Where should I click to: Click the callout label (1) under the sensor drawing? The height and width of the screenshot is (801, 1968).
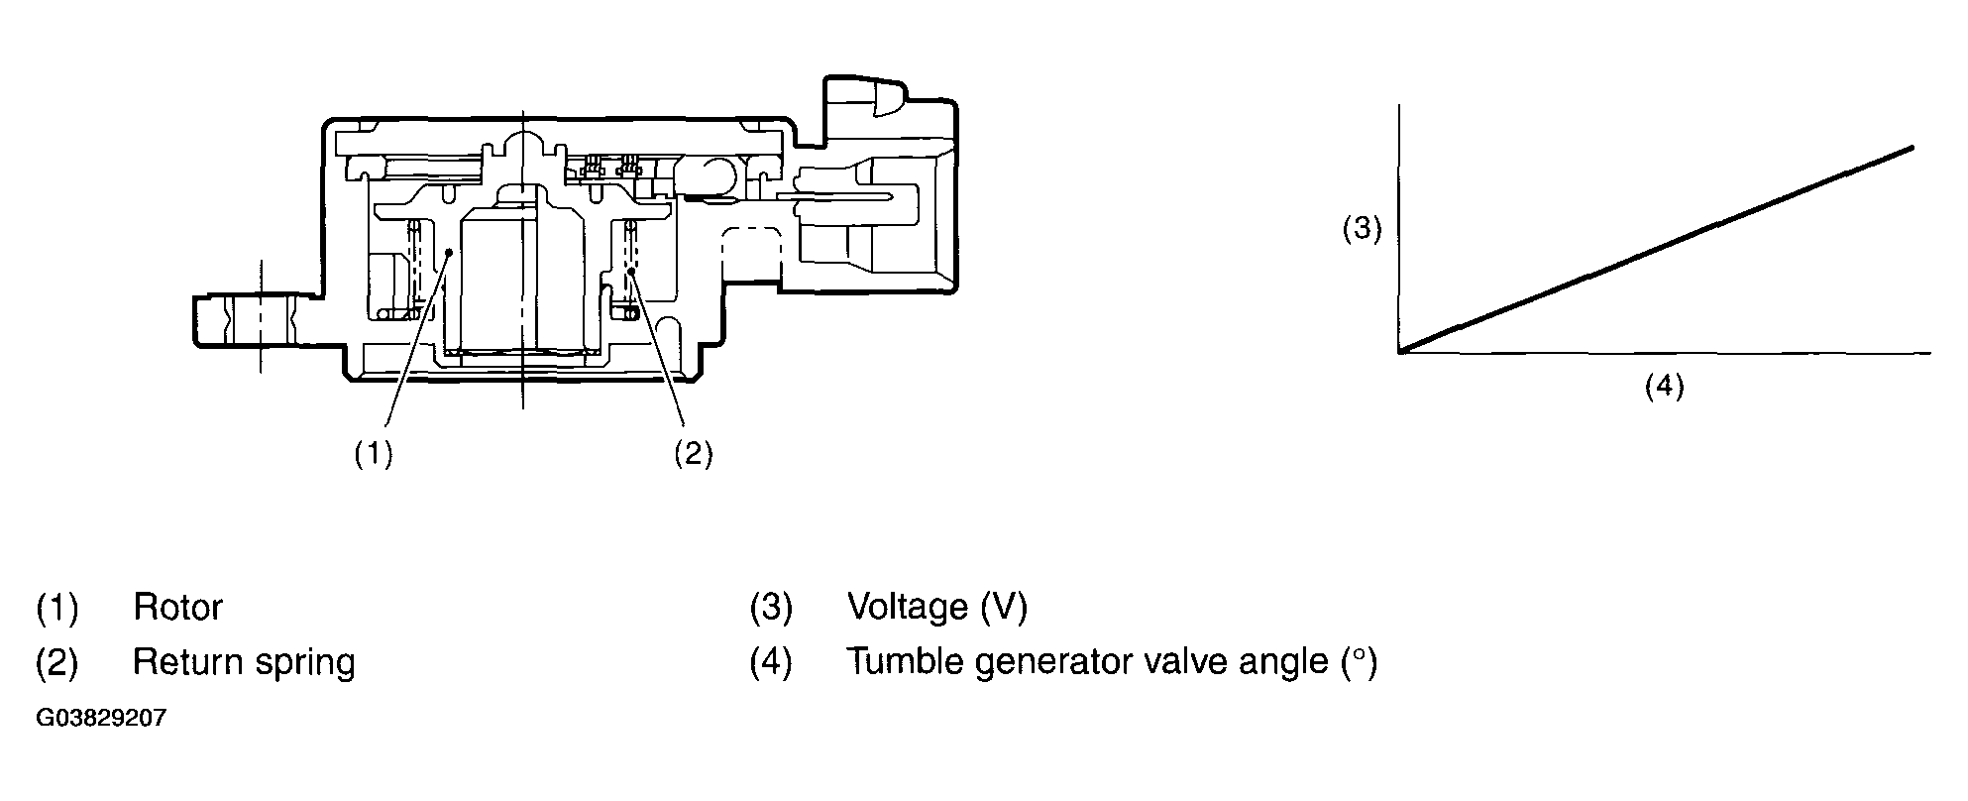pos(374,453)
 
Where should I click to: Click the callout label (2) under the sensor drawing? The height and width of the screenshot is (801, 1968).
pos(693,453)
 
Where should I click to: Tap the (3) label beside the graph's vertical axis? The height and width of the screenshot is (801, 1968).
pos(1362,229)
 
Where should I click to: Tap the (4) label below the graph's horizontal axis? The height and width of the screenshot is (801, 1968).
pos(1664,386)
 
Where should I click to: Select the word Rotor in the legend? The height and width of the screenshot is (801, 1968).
pos(177,608)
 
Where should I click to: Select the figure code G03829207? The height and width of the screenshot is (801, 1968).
pos(101,718)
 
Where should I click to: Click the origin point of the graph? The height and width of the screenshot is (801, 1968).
pos(1399,351)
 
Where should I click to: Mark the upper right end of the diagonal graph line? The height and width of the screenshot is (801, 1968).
pos(1911,148)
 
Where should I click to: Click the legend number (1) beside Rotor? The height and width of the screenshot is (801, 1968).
pos(56,608)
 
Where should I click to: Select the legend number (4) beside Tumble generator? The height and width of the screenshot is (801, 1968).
pos(770,662)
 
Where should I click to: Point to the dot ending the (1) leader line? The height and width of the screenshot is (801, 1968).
pos(449,253)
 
